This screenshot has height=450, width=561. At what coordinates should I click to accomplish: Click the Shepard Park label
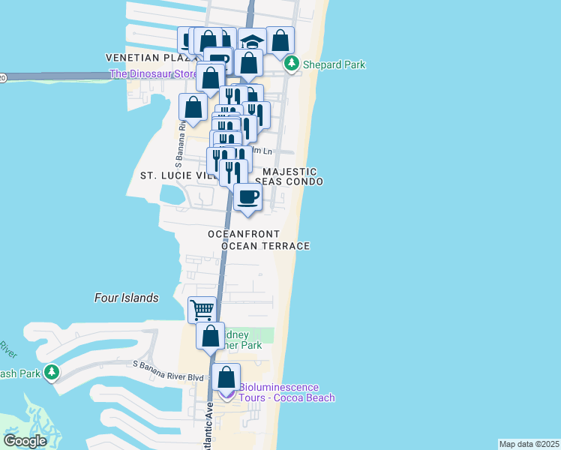(334, 64)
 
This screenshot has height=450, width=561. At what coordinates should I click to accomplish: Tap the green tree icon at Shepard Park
(292, 64)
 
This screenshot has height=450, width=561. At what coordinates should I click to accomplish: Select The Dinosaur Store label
(154, 73)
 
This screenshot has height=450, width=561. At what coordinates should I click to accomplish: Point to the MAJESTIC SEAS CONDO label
(289, 177)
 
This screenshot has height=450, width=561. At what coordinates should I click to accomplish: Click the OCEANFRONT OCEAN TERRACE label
(259, 240)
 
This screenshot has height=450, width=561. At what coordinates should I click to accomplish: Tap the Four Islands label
(126, 298)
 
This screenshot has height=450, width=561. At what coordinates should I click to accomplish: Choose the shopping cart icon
(202, 309)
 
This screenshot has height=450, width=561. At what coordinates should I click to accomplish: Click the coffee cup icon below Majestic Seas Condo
(247, 197)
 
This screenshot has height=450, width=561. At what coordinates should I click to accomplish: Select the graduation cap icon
(253, 41)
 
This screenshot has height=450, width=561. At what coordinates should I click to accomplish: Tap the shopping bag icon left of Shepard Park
(280, 40)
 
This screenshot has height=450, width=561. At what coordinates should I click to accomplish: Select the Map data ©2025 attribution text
(529, 444)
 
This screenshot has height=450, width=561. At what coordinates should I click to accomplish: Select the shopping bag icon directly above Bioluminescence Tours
(226, 376)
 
